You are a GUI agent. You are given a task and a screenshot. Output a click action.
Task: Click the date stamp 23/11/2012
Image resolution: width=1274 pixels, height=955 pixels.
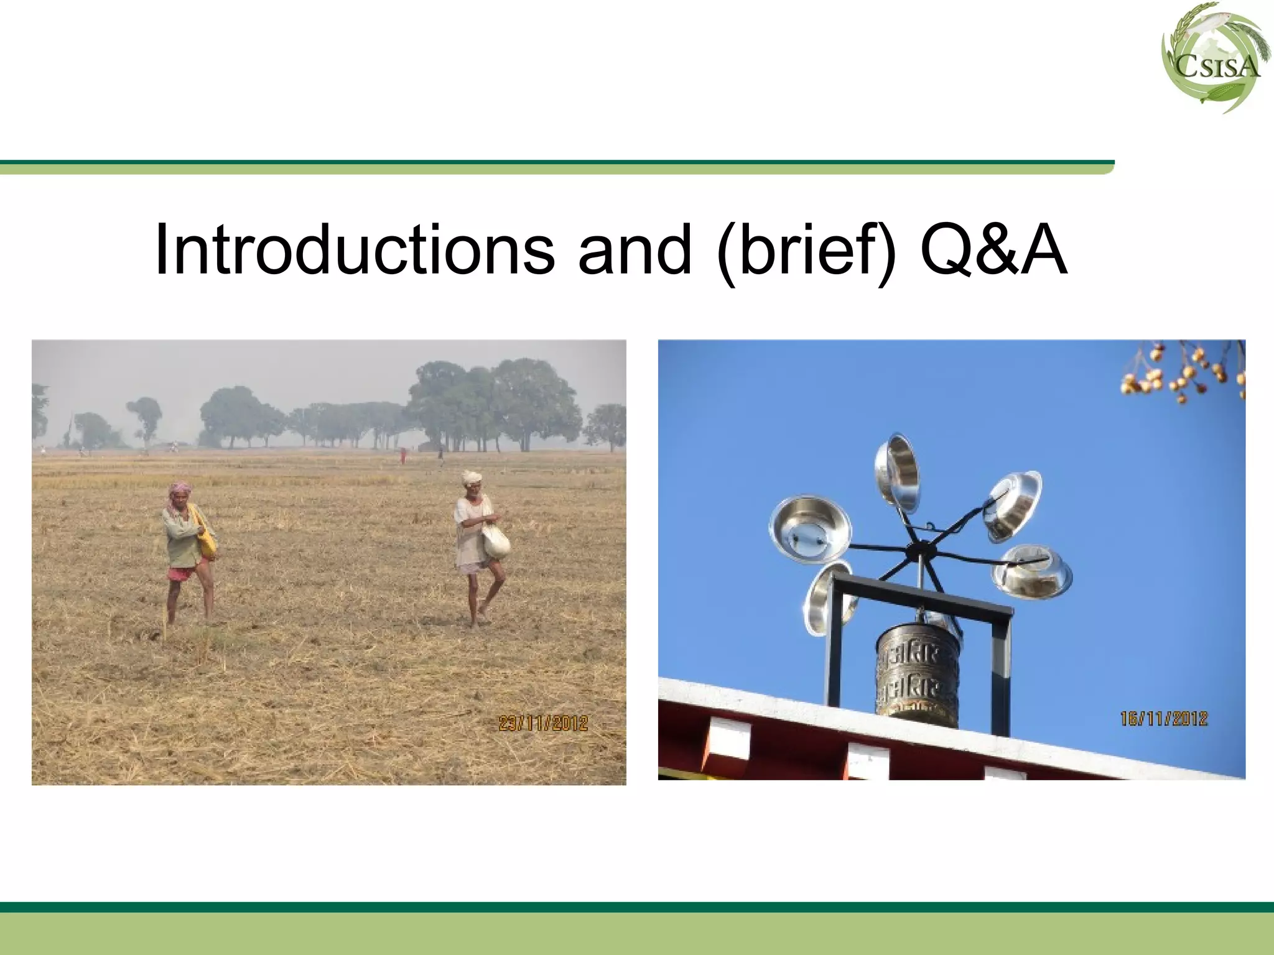543,723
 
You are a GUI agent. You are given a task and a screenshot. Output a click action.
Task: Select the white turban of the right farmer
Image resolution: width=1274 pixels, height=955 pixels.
472,477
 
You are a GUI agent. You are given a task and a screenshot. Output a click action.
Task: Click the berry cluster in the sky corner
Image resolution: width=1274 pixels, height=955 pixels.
1185,373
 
